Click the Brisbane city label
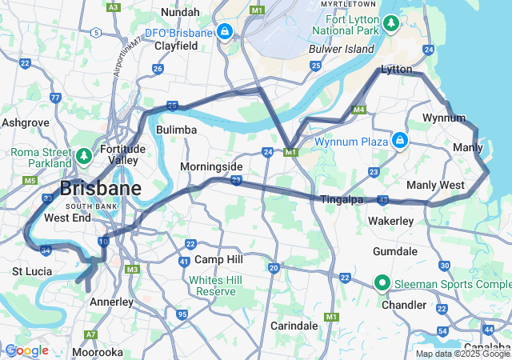101,190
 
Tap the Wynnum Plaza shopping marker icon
400,142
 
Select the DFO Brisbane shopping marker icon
226,32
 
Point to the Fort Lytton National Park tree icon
391,24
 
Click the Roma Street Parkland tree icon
84,154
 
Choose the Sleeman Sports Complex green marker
382,282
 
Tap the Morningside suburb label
211,166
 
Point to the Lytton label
396,70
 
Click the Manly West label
435,186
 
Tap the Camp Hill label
218,260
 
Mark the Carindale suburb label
294,326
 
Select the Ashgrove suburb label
26,123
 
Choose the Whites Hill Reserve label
213,286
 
